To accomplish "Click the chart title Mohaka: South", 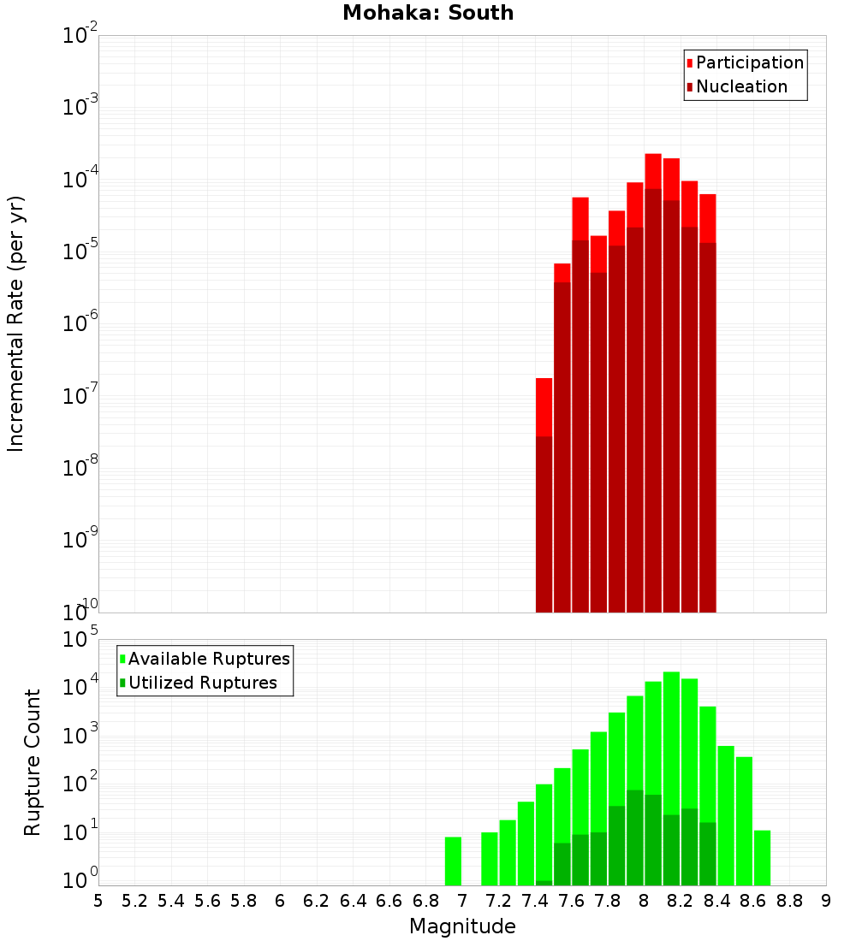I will (x=428, y=13).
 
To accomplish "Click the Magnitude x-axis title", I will (x=462, y=926).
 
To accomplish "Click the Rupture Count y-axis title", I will (x=33, y=761).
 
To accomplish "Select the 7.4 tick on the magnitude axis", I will (x=535, y=900).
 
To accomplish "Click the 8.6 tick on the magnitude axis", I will (x=753, y=900).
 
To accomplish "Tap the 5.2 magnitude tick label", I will (x=134, y=900).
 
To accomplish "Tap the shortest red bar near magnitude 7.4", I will (x=544, y=406).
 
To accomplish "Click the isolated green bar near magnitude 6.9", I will (x=453, y=861).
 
